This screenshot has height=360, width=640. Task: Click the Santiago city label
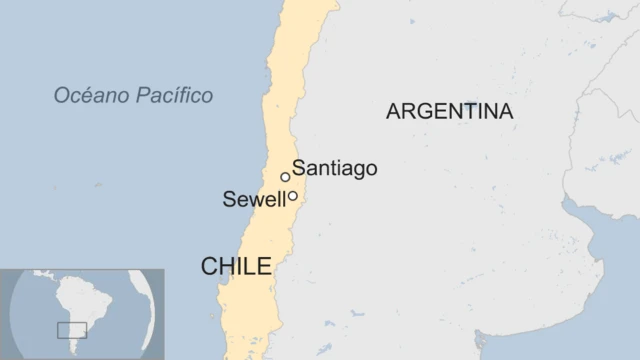click(x=335, y=169)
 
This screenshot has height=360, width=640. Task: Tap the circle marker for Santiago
click(x=285, y=177)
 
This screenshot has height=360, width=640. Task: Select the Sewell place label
click(x=254, y=200)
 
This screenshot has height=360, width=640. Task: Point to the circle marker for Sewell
click(x=293, y=196)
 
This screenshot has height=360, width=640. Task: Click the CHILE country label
click(x=236, y=266)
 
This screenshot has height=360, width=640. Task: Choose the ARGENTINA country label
click(x=449, y=112)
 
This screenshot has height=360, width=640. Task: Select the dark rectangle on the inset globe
click(x=71, y=330)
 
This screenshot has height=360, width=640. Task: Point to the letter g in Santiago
click(x=354, y=171)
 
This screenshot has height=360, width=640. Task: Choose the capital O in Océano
click(x=61, y=96)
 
